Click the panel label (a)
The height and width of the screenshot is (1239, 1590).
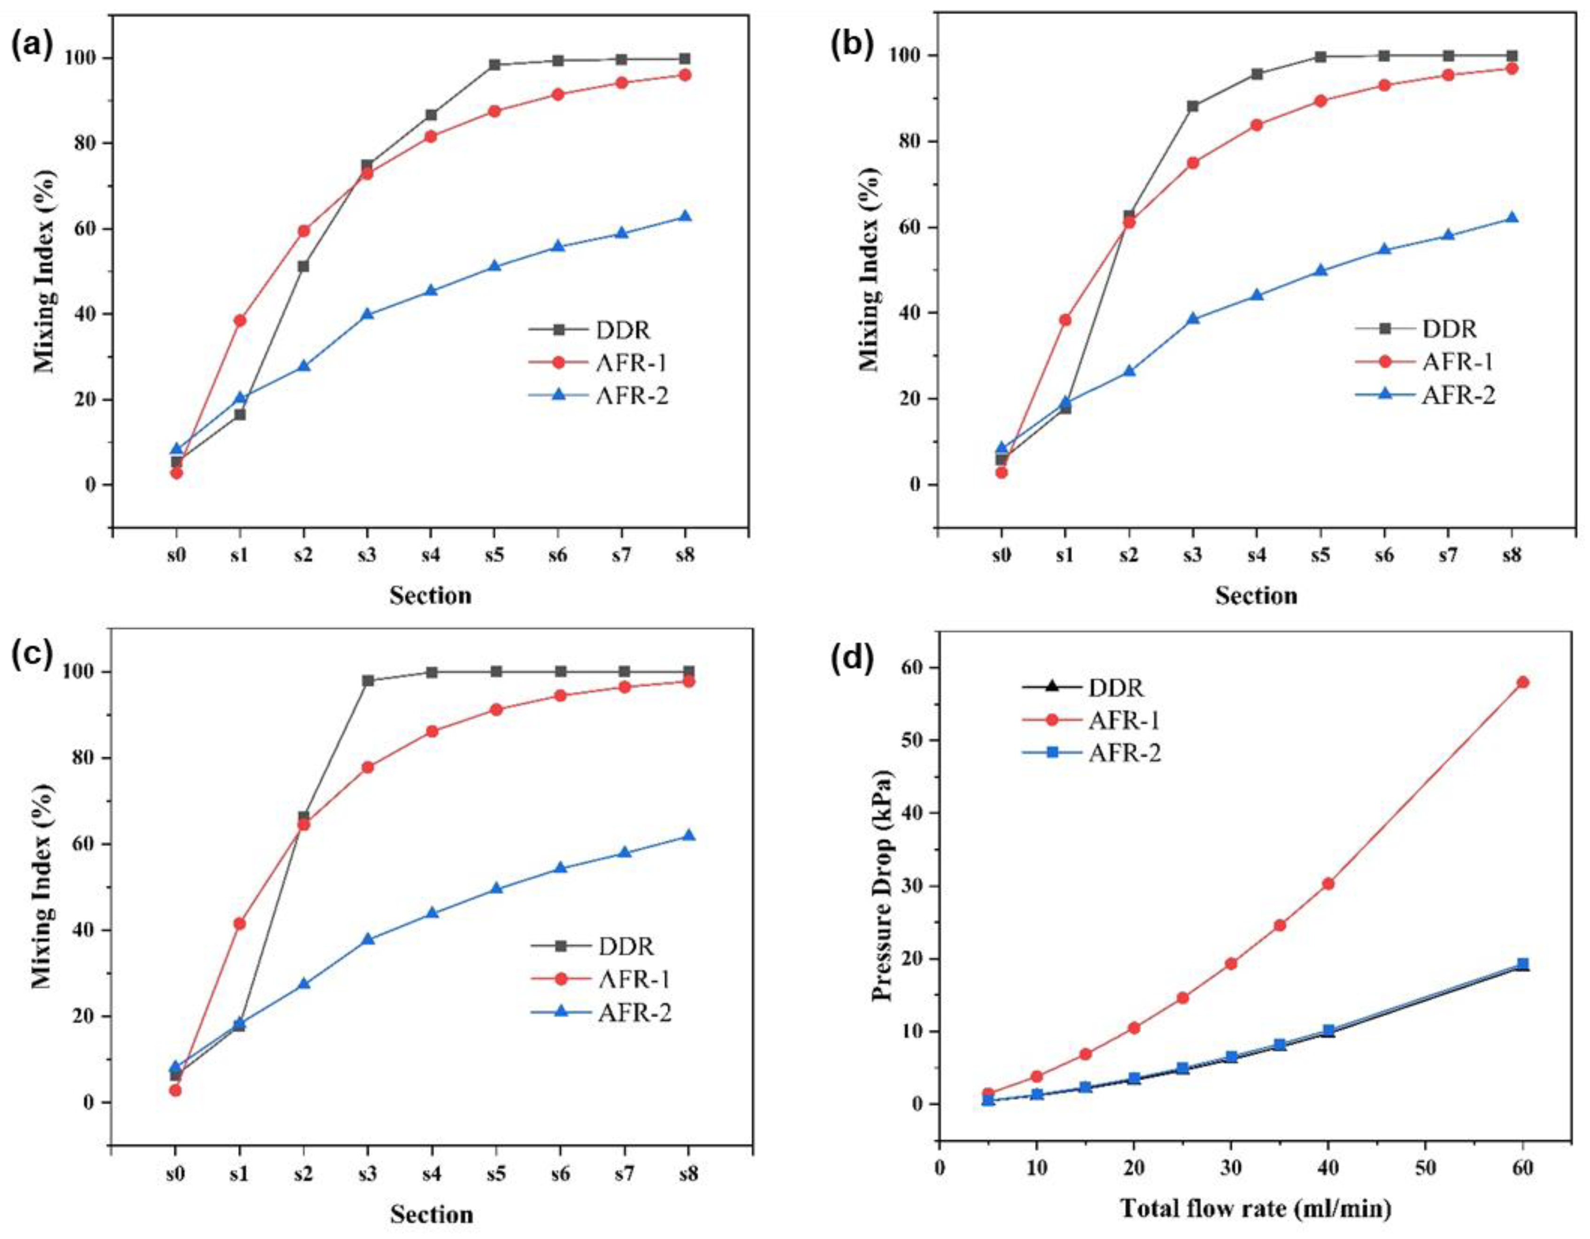pyautogui.click(x=33, y=47)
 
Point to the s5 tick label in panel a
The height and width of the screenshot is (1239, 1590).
pyautogui.click(x=494, y=556)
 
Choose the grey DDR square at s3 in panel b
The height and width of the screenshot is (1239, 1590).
pyautogui.click(x=1193, y=106)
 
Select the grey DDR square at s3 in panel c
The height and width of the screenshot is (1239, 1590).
pyautogui.click(x=368, y=680)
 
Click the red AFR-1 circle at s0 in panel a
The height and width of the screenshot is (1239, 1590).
pyautogui.click(x=176, y=473)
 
